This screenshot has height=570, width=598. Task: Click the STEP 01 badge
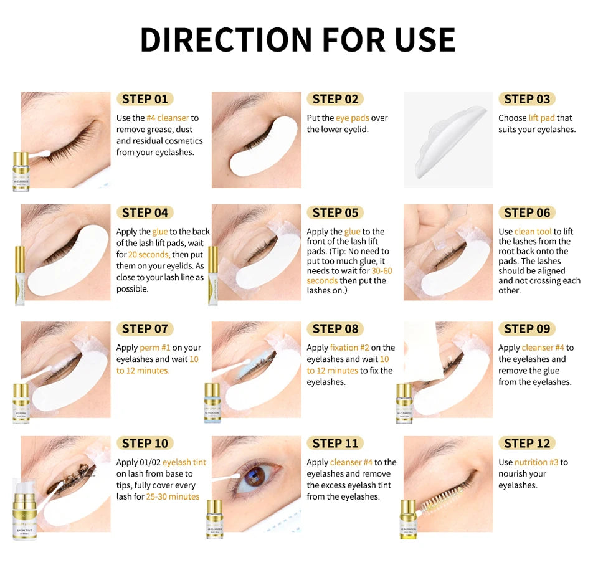(x=145, y=99)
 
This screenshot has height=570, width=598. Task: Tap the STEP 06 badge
(x=527, y=213)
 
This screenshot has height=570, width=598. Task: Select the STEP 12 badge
(x=527, y=444)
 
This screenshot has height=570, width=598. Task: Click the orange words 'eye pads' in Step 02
(x=353, y=118)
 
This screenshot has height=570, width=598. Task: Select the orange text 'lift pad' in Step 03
(x=541, y=118)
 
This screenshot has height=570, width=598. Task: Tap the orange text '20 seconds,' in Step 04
(x=149, y=254)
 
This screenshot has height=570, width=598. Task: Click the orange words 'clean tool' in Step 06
(x=533, y=232)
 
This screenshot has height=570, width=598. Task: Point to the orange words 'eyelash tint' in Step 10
(x=184, y=462)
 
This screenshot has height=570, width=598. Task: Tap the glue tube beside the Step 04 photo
(x=19, y=274)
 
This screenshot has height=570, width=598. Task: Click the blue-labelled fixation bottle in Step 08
(x=212, y=402)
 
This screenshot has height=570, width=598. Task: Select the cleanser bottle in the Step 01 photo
(x=21, y=171)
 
